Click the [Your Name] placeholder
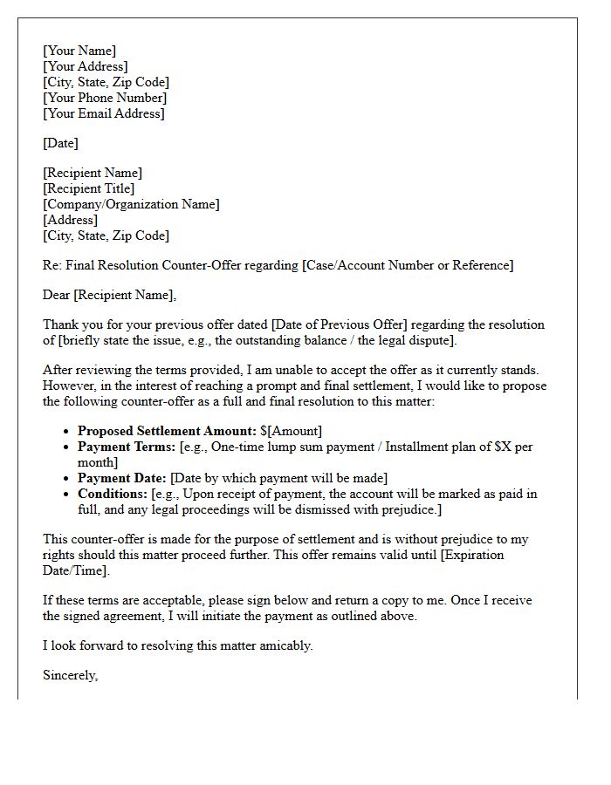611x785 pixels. click(79, 51)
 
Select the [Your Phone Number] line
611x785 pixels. click(105, 98)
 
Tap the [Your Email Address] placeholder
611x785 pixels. click(104, 113)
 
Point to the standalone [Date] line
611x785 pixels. click(60, 143)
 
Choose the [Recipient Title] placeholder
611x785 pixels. click(89, 188)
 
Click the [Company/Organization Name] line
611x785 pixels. click(131, 204)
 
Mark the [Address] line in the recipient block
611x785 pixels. click(70, 220)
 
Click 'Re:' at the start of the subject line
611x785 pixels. click(52, 265)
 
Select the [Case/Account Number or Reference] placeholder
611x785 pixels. click(408, 265)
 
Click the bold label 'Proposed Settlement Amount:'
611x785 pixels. click(167, 431)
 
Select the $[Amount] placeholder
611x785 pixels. click(291, 431)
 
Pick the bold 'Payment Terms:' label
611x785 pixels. click(127, 447)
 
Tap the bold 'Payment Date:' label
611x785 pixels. click(121, 478)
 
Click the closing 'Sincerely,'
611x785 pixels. click(71, 675)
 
